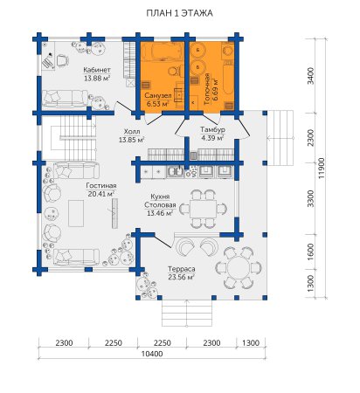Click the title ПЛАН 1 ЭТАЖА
point(179,13)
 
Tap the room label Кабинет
point(97,70)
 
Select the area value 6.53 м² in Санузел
point(158,103)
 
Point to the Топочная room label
point(207,89)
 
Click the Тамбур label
point(212,130)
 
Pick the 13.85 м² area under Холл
point(132,140)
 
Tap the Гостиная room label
point(101,186)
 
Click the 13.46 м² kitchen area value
point(160,213)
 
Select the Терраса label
point(181,269)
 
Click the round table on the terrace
point(239,267)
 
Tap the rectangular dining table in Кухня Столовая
point(203,209)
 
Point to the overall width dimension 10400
point(152,354)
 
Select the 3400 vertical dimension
point(311,76)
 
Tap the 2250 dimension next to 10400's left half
point(114,343)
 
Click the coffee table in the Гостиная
point(76,213)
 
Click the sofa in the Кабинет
point(65,99)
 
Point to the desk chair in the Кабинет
point(62,60)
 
